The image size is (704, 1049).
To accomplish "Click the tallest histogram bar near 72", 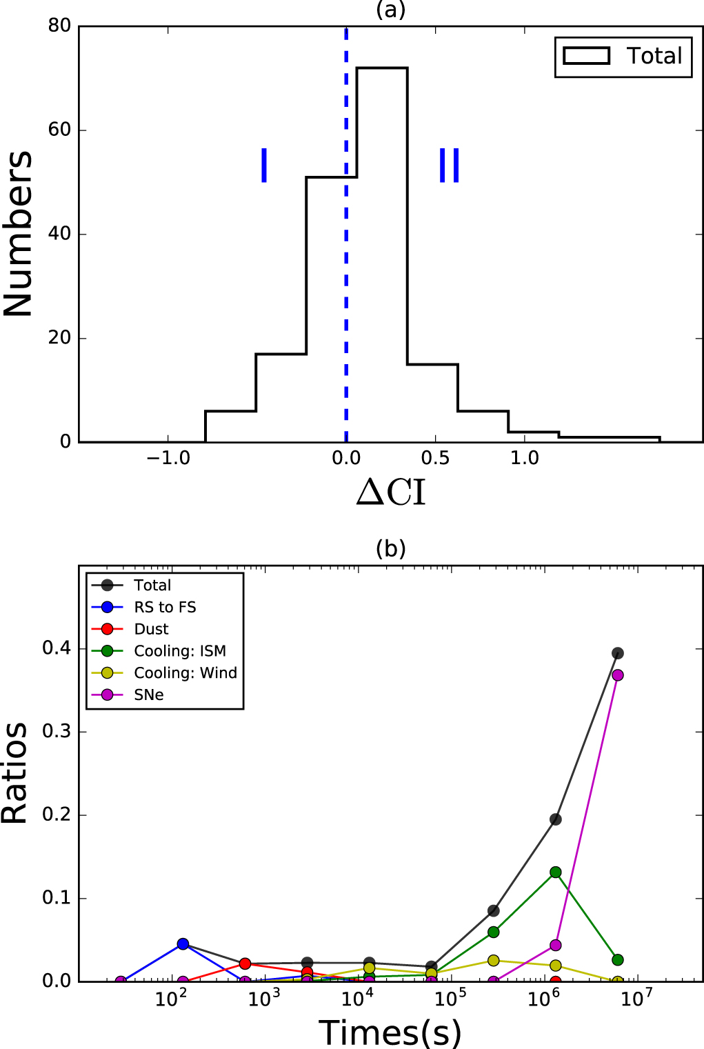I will click(x=382, y=254).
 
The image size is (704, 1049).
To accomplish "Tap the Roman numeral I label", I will click(x=264, y=166).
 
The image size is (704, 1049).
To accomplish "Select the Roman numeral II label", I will click(x=450, y=166).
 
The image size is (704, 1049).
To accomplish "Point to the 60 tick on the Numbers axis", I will click(x=60, y=130).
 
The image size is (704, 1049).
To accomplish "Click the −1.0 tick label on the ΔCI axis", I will click(x=168, y=458).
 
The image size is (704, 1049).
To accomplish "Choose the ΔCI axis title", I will click(x=391, y=492).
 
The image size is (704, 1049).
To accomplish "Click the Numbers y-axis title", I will click(x=19, y=234).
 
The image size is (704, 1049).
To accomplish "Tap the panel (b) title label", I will click(x=390, y=548).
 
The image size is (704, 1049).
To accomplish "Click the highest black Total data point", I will click(x=618, y=653).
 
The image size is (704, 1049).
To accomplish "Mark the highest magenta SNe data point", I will click(x=618, y=675).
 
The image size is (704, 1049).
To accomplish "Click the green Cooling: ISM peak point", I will click(x=556, y=872).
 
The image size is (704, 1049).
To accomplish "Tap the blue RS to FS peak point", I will click(x=183, y=944).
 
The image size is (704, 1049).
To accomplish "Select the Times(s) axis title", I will click(x=390, y=1032).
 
